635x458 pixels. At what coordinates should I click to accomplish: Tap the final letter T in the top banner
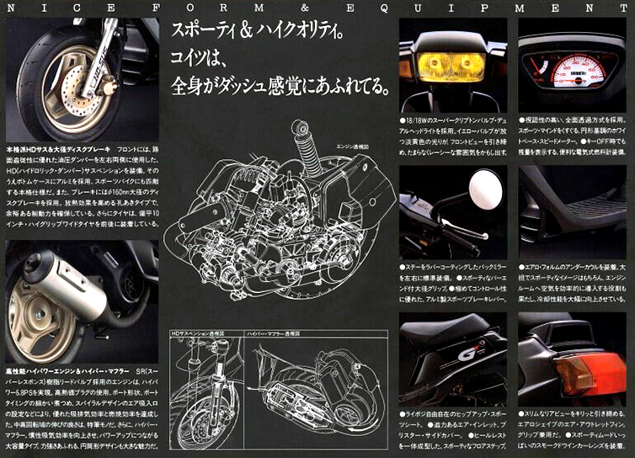click(x=626, y=5)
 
